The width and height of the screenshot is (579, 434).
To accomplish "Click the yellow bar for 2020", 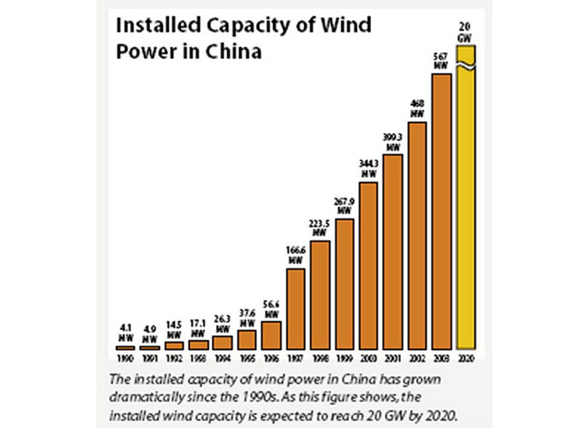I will click(x=466, y=208).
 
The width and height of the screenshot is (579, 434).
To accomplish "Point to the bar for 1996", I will click(x=271, y=335).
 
